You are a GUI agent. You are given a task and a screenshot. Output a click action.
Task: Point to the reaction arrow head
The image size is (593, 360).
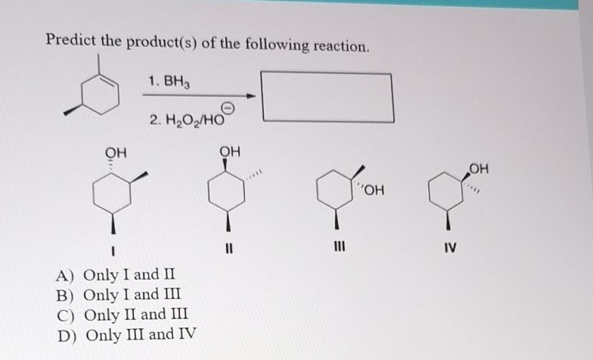pyautogui.click(x=251, y=96)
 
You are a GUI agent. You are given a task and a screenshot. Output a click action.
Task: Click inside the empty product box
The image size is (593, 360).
pyautogui.click(x=327, y=96)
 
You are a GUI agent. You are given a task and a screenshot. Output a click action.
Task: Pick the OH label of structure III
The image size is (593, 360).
pyautogui.click(x=374, y=190)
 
